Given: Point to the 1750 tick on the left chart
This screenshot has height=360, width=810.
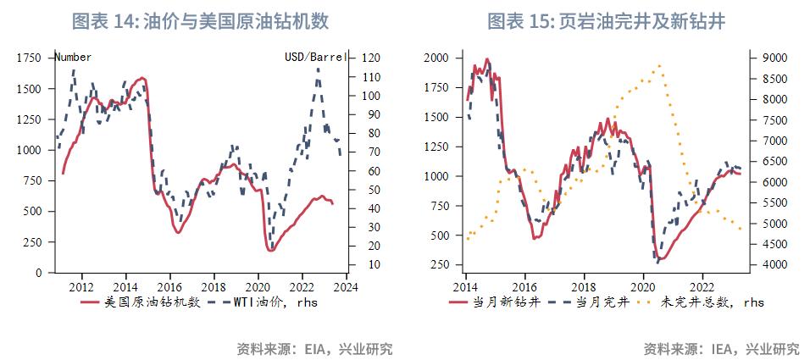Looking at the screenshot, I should pos(28,58).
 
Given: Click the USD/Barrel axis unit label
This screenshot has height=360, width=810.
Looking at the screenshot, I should pos(314,57).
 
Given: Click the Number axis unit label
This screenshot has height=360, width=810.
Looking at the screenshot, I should pos(73,57).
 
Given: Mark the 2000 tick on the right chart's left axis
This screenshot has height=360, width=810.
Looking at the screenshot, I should pos(437,58).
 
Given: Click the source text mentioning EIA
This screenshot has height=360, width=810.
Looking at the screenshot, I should pos(314,348).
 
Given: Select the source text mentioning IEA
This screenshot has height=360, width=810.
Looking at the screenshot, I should pos(721,348).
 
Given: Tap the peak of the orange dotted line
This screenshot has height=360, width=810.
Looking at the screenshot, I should pos(659,64).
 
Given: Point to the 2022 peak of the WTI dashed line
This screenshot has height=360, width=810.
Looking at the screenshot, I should pos(318,69).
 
